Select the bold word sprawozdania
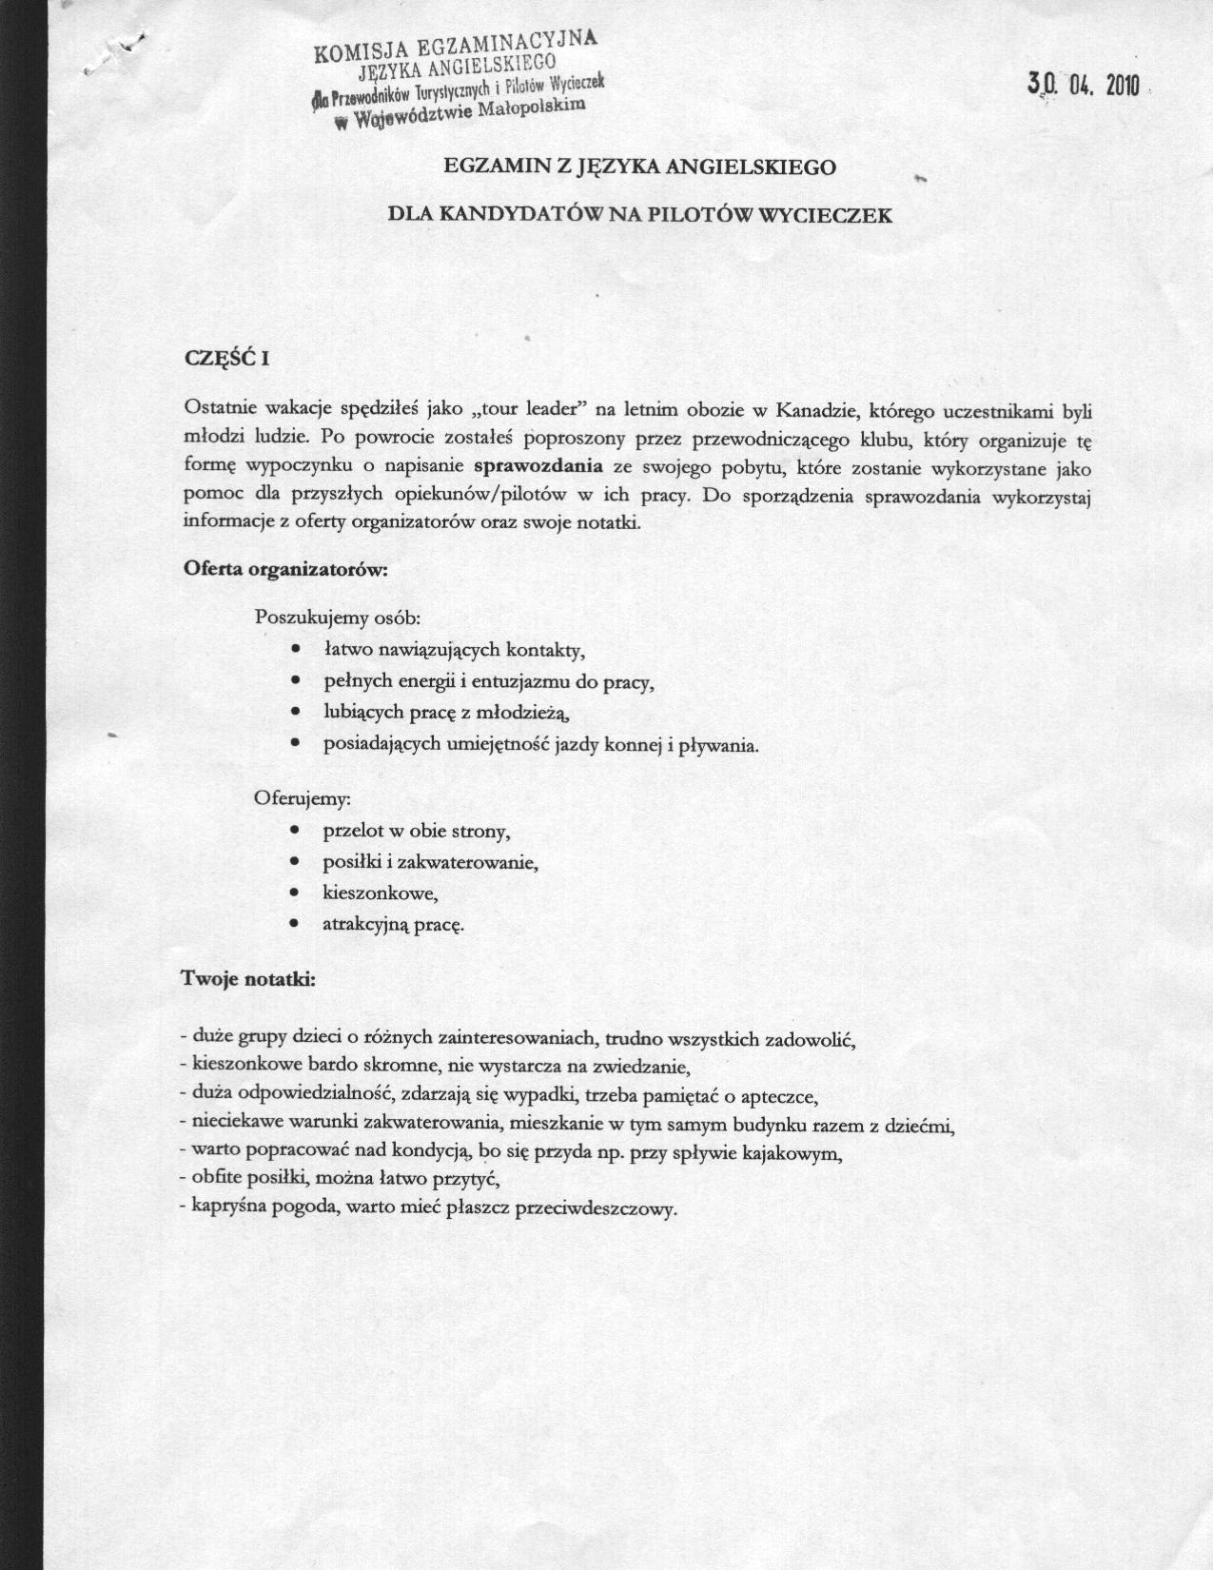(x=544, y=466)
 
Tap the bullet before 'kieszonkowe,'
(x=298, y=893)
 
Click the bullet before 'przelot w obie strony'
(x=298, y=831)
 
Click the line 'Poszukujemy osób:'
(x=338, y=617)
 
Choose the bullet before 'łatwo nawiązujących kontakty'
(x=298, y=650)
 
